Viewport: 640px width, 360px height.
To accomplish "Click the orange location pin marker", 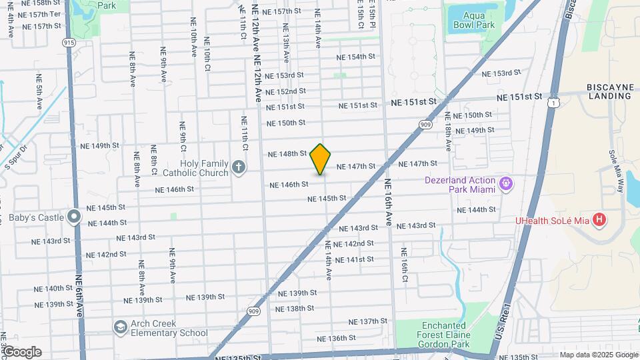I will [321, 159].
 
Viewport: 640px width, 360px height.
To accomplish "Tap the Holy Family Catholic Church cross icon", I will [239, 166].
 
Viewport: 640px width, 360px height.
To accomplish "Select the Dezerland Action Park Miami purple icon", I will [506, 182].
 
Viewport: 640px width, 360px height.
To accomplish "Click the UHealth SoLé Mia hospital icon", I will [599, 219].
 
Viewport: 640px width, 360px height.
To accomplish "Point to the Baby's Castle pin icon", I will [74, 217].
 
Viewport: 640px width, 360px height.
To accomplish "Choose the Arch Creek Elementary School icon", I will [120, 327].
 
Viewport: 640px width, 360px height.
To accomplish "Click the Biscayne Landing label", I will [609, 92].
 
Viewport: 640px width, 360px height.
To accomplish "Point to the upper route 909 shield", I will [426, 125].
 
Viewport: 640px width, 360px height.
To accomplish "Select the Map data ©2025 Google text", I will [598, 355].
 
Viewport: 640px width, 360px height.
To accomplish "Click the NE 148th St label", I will [287, 154].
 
